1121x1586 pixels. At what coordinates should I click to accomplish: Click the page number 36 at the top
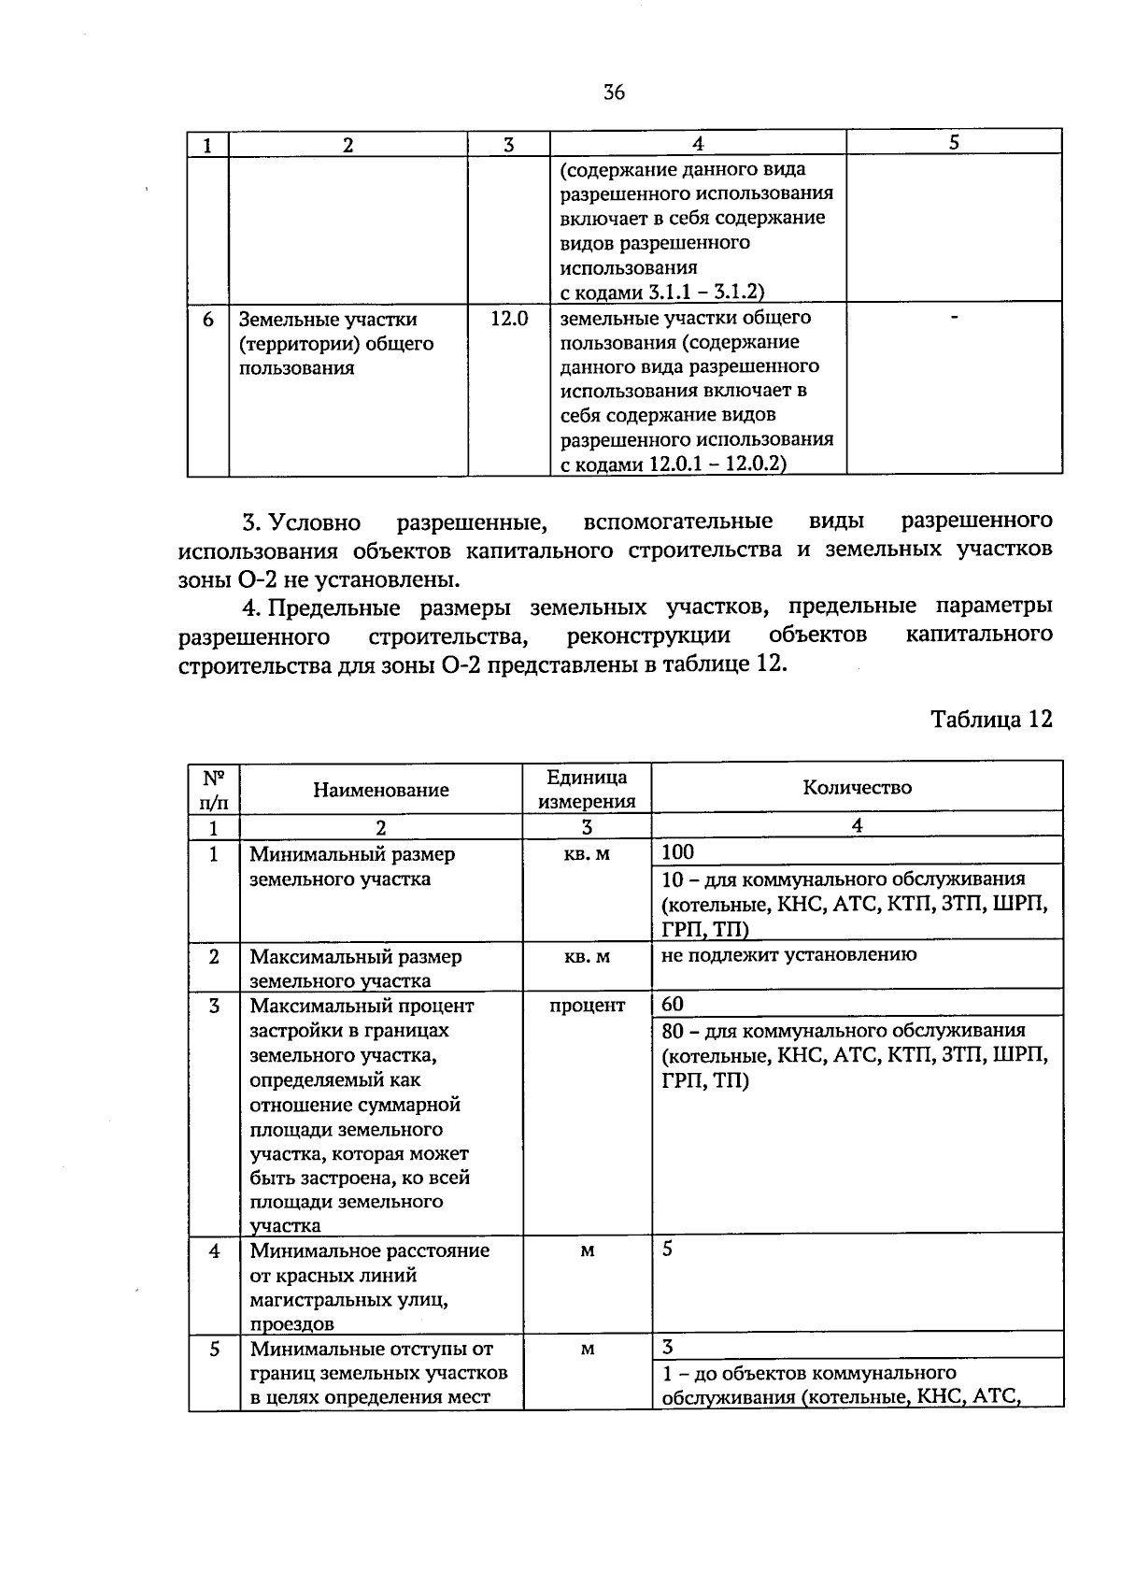click(x=614, y=92)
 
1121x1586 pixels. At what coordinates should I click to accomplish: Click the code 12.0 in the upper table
click(x=509, y=319)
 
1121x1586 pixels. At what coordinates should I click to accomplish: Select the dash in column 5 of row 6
click(x=953, y=320)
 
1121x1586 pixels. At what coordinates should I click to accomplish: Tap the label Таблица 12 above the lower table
click(x=991, y=719)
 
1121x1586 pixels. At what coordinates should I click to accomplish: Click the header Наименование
click(x=380, y=790)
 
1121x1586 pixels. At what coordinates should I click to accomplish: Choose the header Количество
click(x=857, y=787)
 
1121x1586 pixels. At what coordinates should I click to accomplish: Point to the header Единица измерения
click(x=587, y=789)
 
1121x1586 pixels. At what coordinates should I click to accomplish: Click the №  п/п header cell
click(x=213, y=789)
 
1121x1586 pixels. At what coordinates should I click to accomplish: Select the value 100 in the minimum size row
click(x=678, y=851)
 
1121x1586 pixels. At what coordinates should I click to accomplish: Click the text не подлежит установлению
click(x=788, y=954)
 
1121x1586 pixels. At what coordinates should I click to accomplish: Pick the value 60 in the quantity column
click(x=672, y=1004)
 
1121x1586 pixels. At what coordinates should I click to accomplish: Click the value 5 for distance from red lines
click(x=667, y=1250)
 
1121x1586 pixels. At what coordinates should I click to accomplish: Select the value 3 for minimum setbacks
click(x=667, y=1347)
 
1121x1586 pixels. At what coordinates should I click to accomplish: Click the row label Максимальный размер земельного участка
click(x=355, y=968)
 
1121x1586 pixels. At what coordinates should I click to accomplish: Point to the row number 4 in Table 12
click(x=214, y=1250)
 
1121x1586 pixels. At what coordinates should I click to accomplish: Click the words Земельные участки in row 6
click(x=328, y=320)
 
